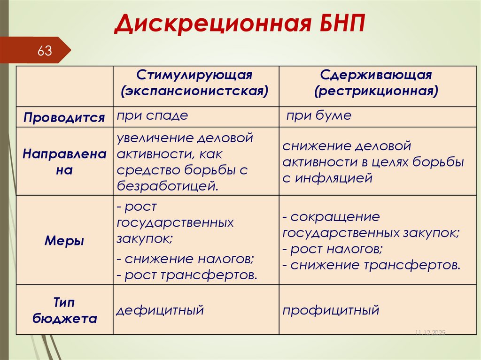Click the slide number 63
(45, 51)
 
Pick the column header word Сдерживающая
(376, 75)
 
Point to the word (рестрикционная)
(376, 90)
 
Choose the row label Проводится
(64, 117)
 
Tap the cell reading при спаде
(153, 115)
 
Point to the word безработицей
(167, 186)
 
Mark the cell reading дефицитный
(160, 310)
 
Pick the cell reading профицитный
(331, 310)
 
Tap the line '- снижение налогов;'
(186, 259)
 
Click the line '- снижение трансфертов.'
(371, 265)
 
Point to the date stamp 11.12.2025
(429, 332)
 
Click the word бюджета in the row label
(64, 319)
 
